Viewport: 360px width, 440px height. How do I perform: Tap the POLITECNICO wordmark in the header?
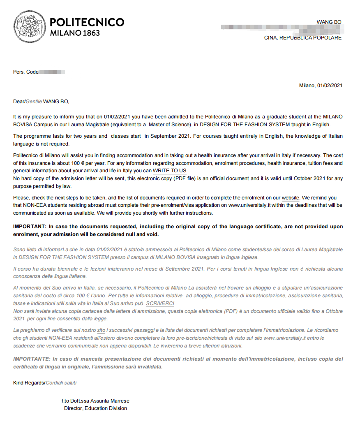click(x=87, y=22)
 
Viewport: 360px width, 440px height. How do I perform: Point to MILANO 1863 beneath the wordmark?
click(x=75, y=33)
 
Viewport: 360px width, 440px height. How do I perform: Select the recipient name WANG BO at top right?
click(x=329, y=22)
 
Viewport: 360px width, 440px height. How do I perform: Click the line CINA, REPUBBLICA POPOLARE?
click(x=302, y=38)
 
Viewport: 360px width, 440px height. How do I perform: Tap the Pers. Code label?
click(x=25, y=72)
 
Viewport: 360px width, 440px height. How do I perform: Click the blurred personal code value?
click(x=52, y=72)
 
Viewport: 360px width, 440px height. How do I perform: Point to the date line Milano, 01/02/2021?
click(x=321, y=86)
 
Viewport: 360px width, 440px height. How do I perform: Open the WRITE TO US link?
click(x=169, y=170)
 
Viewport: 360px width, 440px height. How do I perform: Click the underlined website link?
click(x=291, y=198)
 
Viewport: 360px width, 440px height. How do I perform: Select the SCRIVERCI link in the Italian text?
click(x=160, y=303)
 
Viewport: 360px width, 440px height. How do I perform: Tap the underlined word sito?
click(x=101, y=330)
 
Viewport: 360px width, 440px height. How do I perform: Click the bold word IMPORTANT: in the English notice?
click(x=30, y=227)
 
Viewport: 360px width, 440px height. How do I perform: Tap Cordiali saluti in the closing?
click(x=61, y=383)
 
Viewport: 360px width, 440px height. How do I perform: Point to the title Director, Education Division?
click(x=95, y=408)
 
